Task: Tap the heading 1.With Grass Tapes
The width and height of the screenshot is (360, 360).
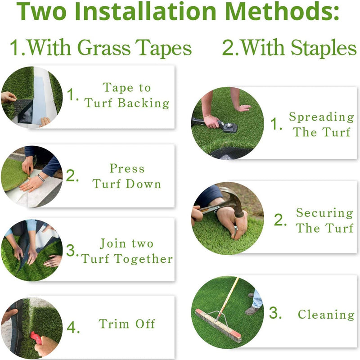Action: coord(101,48)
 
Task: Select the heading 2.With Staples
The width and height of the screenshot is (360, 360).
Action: coord(289,48)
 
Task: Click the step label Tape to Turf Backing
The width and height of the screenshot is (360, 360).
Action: coord(127,95)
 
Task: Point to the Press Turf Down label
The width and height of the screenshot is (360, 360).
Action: coord(127,176)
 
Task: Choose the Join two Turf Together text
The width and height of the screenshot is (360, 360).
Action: coord(127,252)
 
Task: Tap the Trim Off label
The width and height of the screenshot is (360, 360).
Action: coord(127,324)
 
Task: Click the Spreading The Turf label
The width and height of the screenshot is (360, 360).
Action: coord(321,125)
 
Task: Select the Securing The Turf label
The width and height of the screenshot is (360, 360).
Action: coord(324,220)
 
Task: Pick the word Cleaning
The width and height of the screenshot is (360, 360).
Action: coord(326,315)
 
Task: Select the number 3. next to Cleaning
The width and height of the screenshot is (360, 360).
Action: coord(275,314)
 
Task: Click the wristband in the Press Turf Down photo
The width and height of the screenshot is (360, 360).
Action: coord(41,177)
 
